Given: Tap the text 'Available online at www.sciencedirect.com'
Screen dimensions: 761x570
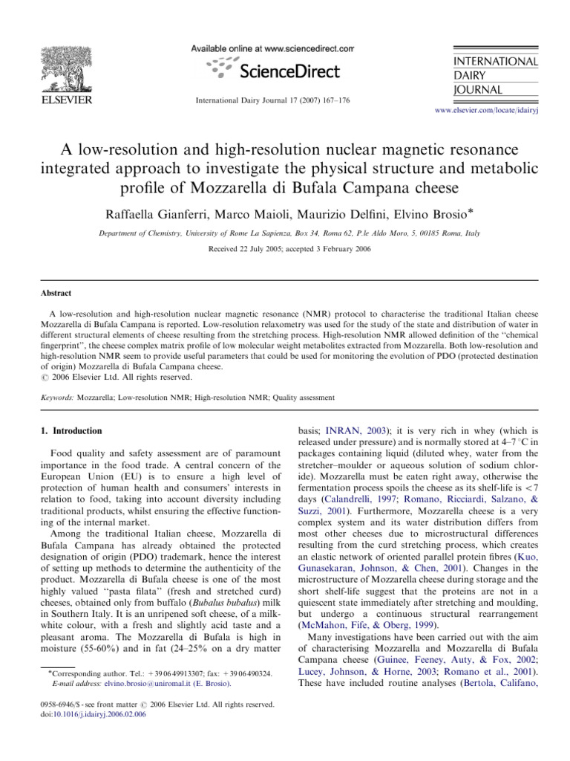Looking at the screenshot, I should point(272,48).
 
